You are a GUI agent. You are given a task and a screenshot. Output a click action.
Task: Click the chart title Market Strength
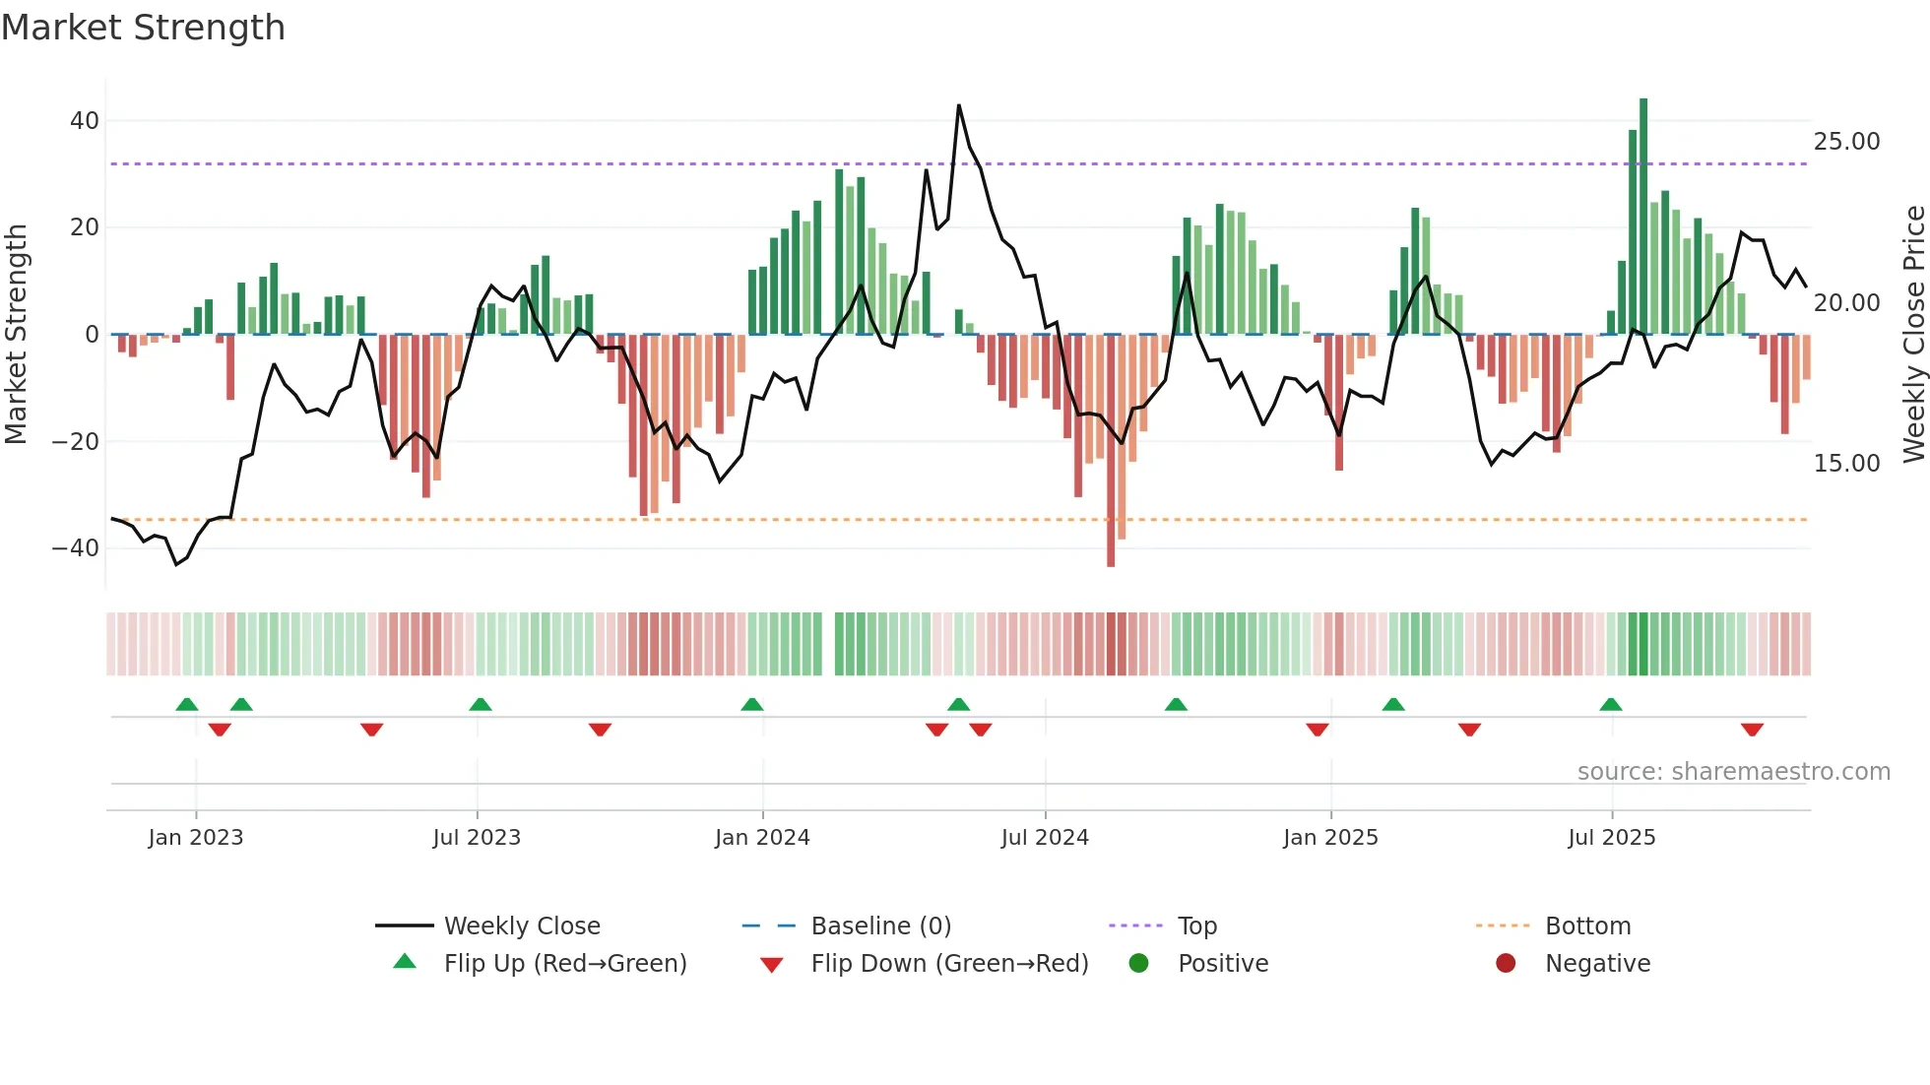143,28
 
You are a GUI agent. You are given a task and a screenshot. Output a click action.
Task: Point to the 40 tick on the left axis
84,121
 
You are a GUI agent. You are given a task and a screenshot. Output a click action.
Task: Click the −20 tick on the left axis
75,441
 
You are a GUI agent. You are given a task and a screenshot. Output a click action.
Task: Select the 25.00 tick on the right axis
1846,142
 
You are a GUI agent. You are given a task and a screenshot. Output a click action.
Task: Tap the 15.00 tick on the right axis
1846,464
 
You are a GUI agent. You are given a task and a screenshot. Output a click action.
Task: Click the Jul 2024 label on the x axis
1045,838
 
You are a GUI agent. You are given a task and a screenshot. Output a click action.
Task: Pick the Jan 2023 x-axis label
195,838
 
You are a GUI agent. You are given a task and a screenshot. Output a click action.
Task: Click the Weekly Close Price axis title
1913,335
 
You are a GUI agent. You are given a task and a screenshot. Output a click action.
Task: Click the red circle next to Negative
1506,964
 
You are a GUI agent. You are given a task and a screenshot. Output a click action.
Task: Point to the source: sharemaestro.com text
1733,772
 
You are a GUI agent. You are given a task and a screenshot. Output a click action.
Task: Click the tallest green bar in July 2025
1643,217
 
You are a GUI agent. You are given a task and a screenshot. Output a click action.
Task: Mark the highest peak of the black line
958,105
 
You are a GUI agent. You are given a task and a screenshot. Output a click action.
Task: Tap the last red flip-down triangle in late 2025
1752,730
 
